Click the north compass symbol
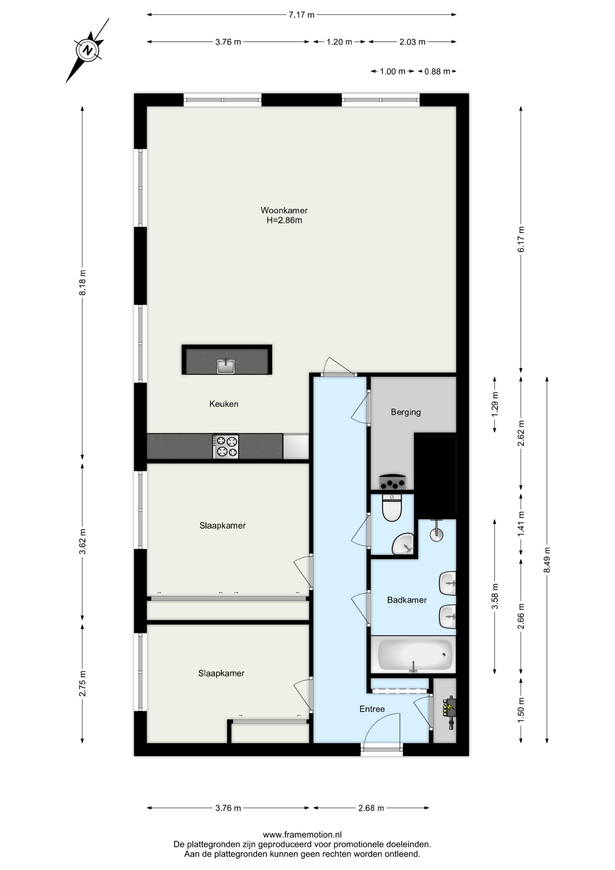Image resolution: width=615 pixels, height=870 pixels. (x=88, y=50)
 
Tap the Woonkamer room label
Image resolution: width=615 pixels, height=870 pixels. (x=284, y=210)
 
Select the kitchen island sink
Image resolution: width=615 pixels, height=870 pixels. (x=226, y=366)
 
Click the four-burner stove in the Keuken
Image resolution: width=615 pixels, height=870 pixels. (x=226, y=446)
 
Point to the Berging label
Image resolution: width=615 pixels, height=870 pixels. (x=406, y=412)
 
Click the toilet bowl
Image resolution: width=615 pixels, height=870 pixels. (x=392, y=507)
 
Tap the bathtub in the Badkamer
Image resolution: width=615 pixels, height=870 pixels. (x=413, y=654)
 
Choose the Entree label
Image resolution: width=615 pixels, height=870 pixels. (x=372, y=709)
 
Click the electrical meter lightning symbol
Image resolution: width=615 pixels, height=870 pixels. (x=449, y=706)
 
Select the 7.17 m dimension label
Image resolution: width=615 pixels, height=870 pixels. (x=301, y=15)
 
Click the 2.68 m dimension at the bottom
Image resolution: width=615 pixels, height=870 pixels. (x=371, y=808)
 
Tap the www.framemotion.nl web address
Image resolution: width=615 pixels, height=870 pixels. (x=302, y=835)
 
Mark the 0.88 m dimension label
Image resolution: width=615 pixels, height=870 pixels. (x=437, y=72)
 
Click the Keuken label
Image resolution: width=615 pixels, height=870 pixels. (x=224, y=404)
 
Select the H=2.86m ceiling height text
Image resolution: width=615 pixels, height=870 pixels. (x=284, y=221)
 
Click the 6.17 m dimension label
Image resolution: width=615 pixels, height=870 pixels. (x=521, y=239)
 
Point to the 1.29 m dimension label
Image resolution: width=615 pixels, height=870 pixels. (x=495, y=404)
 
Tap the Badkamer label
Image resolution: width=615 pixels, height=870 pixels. (x=407, y=600)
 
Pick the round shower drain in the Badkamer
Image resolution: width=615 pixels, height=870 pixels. (x=436, y=535)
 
